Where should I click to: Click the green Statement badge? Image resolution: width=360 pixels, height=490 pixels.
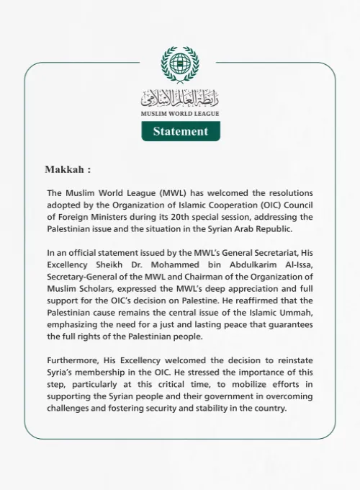point(180,131)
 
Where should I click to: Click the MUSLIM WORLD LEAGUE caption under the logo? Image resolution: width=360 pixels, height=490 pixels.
point(180,114)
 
